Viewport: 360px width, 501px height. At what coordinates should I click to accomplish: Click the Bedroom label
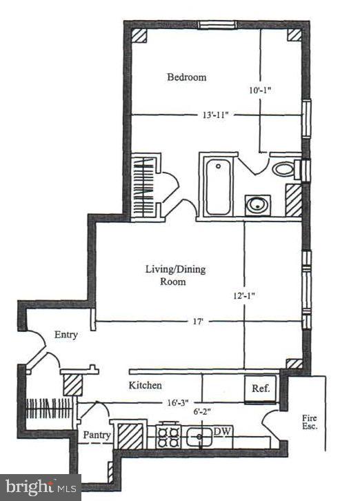click(x=187, y=77)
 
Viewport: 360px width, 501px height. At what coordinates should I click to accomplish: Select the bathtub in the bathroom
click(x=218, y=186)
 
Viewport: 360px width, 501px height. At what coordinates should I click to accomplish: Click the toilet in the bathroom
click(x=283, y=168)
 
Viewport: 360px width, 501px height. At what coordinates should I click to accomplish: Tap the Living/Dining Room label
click(x=174, y=275)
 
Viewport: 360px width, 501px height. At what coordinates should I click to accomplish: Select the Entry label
click(x=66, y=335)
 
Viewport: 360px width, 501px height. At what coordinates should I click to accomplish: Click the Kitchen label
click(x=145, y=385)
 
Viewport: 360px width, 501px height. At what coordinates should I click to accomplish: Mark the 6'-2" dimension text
click(x=201, y=411)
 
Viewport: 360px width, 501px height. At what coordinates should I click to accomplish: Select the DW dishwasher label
click(x=221, y=431)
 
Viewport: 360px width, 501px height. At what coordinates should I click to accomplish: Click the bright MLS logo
click(x=40, y=487)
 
